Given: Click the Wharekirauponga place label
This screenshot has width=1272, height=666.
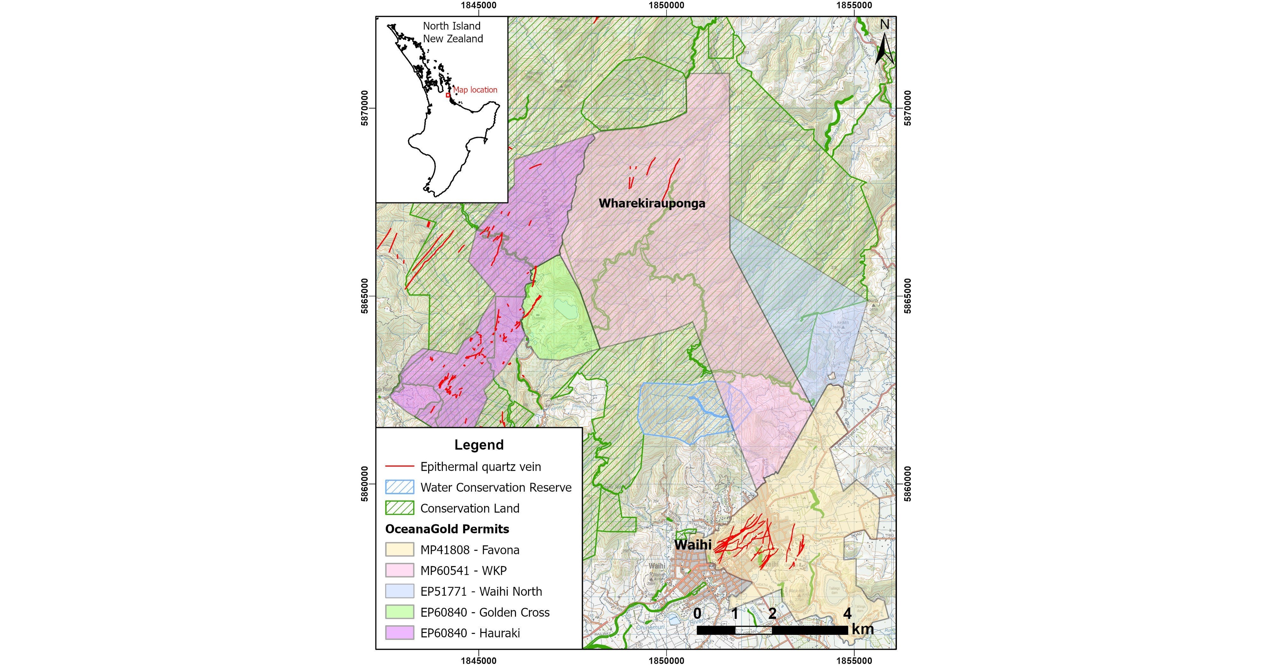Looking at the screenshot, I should (652, 203).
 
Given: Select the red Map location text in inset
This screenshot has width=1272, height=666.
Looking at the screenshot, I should (475, 89).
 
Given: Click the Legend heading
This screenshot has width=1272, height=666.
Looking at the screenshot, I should (479, 445).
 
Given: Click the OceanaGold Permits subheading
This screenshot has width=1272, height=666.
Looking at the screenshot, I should (447, 529).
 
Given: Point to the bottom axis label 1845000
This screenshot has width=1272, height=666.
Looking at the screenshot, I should (479, 661).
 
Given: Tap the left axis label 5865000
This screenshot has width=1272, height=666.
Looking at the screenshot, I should (364, 296).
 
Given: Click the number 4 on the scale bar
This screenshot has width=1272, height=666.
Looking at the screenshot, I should (847, 613).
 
